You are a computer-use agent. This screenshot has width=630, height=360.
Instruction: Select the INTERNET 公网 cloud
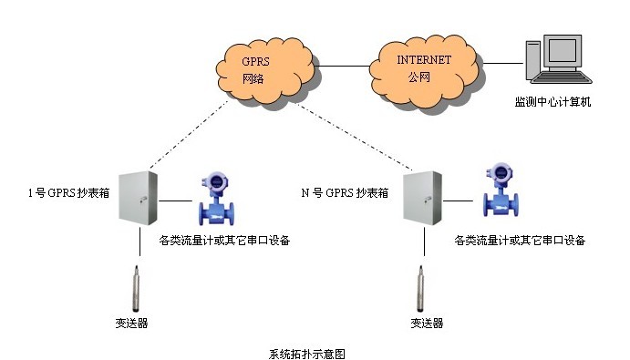[424, 71]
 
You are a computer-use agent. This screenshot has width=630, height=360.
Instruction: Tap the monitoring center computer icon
[559, 59]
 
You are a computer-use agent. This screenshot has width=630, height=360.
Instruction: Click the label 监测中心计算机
[553, 102]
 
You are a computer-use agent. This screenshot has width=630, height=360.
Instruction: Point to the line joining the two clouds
[342, 66]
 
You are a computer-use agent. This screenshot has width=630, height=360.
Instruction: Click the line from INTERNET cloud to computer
[503, 63]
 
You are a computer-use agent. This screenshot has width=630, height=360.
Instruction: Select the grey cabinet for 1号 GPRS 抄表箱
[138, 198]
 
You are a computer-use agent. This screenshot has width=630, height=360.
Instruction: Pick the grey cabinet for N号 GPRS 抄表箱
[423, 198]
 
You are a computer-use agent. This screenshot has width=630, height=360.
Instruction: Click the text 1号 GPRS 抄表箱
[68, 193]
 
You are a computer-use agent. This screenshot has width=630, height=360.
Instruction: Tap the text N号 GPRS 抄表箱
[345, 193]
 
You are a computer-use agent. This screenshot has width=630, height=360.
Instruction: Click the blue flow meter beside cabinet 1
[216, 198]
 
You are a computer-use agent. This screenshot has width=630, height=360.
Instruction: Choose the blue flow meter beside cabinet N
[501, 190]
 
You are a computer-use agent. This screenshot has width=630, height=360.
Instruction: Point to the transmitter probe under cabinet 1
[137, 289]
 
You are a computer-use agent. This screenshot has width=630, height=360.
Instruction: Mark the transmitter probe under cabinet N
[420, 289]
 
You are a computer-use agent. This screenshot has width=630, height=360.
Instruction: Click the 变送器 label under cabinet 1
[132, 323]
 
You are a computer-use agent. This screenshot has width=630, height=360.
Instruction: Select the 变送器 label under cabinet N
[427, 323]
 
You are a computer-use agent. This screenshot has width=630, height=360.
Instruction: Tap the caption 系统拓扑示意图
[307, 354]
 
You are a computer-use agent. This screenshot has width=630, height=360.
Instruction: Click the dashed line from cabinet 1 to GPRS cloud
[189, 135]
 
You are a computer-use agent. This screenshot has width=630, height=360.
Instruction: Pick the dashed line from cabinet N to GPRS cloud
[355, 136]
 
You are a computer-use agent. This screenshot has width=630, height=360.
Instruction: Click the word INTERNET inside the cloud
[424, 60]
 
